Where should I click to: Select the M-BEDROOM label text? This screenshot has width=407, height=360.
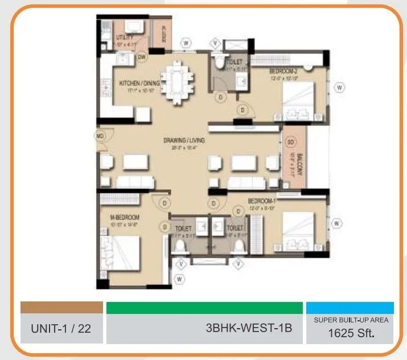[x=125, y=217]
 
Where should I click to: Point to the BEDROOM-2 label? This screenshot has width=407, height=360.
[x=283, y=71]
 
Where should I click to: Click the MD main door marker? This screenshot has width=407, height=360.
[x=100, y=136]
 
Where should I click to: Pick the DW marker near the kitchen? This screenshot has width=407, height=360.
[x=142, y=57]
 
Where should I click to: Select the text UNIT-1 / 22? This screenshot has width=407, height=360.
[x=61, y=328]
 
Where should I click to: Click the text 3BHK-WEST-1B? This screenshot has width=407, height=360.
[x=249, y=328]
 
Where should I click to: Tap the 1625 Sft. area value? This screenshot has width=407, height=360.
[x=351, y=333]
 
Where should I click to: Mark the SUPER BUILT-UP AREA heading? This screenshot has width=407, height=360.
[x=351, y=320]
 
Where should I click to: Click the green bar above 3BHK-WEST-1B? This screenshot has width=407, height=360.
[x=204, y=308]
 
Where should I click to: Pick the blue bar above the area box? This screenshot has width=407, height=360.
[x=350, y=308]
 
